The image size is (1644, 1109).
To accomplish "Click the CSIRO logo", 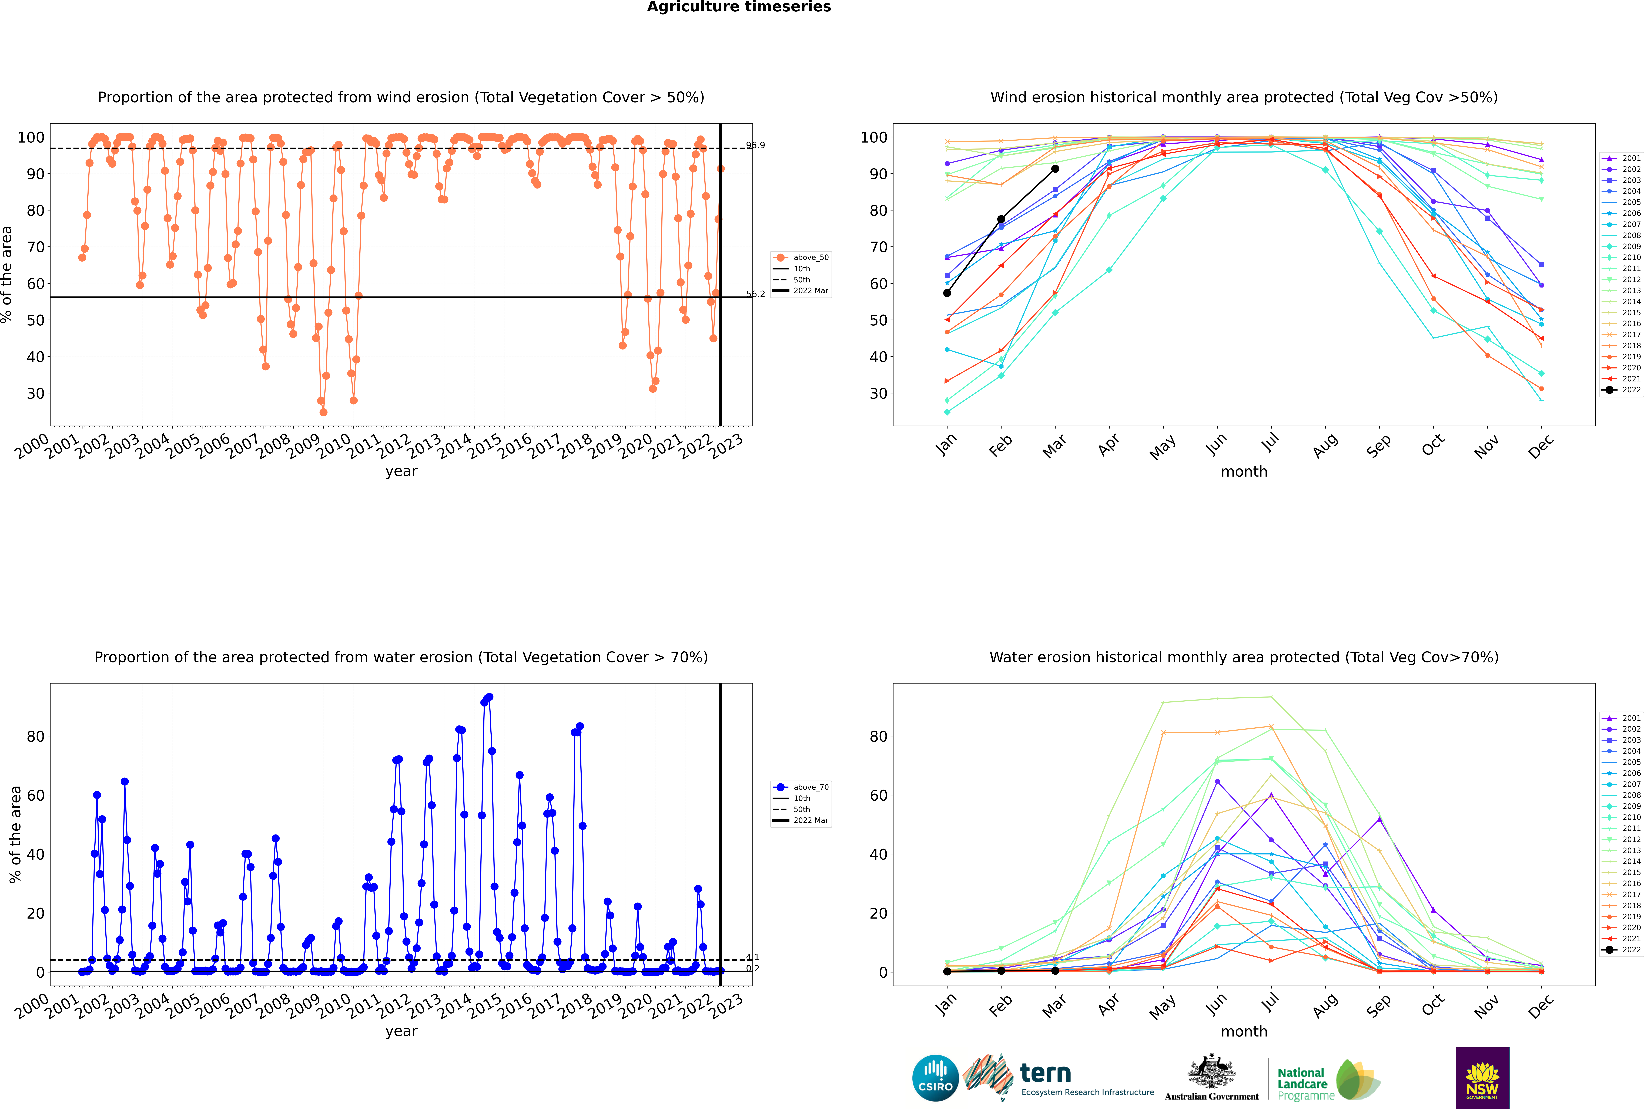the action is click(935, 1078).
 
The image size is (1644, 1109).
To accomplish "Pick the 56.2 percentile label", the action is click(756, 294).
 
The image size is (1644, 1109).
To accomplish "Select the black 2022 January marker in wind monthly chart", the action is click(947, 293).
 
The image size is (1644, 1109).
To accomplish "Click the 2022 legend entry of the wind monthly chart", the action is click(1621, 390).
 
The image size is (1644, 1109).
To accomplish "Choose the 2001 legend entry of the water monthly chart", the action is click(1621, 718).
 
